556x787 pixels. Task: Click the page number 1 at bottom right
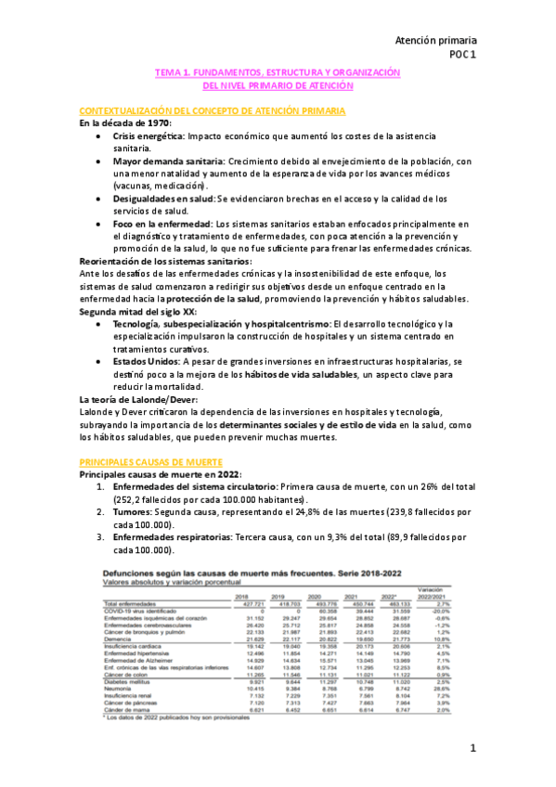pos(472,748)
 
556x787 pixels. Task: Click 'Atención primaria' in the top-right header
pos(435,41)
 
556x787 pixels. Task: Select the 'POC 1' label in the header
pos(461,55)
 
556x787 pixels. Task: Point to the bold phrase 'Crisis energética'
pos(148,135)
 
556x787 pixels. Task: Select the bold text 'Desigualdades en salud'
pos(163,199)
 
